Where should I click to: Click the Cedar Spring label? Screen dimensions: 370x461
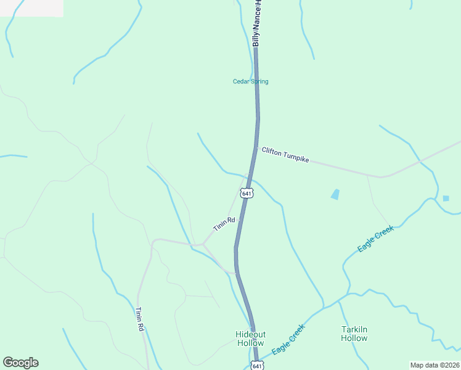tap(250, 81)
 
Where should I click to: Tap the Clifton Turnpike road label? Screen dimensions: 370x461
tap(285, 154)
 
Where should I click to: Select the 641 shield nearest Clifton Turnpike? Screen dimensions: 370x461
tap(247, 193)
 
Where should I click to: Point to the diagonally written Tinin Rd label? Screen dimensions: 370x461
tap(224, 224)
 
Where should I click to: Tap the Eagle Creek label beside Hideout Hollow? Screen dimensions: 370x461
tap(288, 339)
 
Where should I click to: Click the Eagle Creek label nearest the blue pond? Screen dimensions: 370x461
tap(375, 239)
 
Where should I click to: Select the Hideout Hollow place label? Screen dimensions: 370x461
tap(250, 339)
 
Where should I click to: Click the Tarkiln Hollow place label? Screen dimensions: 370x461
tap(354, 334)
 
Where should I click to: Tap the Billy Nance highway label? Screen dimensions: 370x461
tap(257, 23)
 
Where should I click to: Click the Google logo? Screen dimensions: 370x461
tap(20, 363)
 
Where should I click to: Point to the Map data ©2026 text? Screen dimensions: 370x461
tap(434, 365)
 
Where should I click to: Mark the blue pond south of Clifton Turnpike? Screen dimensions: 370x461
tap(335, 194)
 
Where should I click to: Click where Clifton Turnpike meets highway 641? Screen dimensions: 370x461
tap(255, 147)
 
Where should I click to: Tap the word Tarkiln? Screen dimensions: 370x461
tap(354, 329)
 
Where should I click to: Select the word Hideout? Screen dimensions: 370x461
tap(250, 334)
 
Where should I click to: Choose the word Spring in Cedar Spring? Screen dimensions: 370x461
tap(259, 81)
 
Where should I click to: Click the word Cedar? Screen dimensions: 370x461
tap(240, 81)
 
